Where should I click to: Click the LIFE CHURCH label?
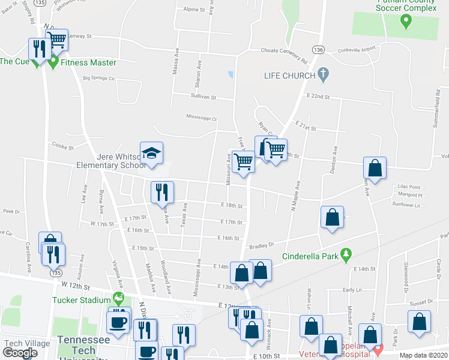point(290,76)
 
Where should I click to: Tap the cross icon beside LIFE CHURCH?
point(323,75)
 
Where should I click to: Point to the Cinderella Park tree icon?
point(345,256)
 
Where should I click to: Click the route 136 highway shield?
point(318,50)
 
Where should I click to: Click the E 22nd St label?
point(318,96)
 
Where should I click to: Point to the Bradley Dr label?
point(261,245)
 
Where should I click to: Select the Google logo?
point(20,352)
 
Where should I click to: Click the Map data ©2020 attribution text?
point(423,355)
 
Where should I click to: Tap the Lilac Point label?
point(409,187)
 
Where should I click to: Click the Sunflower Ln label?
point(406,205)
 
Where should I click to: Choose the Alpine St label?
point(194,10)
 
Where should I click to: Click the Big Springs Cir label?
point(98,77)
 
